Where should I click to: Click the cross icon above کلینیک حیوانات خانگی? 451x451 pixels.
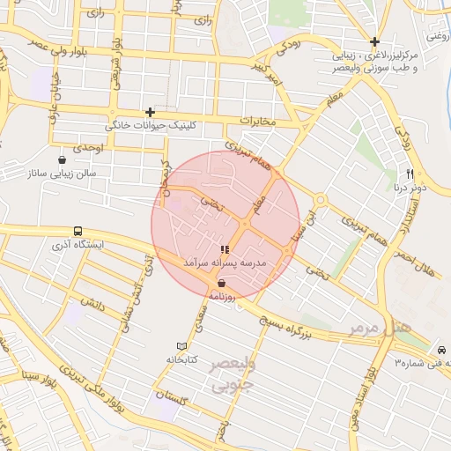pos(151,112)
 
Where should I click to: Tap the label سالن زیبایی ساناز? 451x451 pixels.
pos(66,174)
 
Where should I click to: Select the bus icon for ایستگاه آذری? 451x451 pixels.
pos(79,230)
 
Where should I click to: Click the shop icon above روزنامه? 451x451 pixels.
pos(220,284)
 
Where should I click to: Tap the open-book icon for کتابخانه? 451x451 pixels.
pos(182,346)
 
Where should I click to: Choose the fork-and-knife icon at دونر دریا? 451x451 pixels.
pos(410,174)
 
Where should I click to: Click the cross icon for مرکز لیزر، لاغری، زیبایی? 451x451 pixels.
pos(375,41)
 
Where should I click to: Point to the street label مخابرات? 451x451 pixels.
pos(257,121)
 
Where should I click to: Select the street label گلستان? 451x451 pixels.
pos(173,397)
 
